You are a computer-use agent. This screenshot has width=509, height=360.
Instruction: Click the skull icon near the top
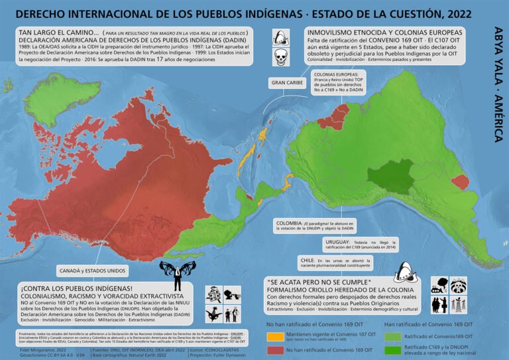pos(280,59)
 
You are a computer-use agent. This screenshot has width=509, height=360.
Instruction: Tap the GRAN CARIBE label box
pos(286,83)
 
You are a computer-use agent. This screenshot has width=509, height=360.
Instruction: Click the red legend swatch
pos(274,349)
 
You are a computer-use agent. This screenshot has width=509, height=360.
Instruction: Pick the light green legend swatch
pos(393,335)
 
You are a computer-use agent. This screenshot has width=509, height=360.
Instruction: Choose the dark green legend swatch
pos(393,349)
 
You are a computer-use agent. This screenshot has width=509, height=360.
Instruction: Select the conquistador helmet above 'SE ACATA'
pos(404,269)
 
